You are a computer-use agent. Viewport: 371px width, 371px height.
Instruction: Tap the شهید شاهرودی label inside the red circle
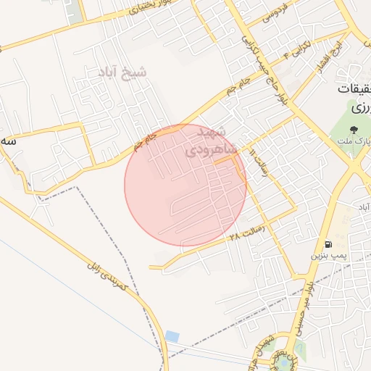click(207, 142)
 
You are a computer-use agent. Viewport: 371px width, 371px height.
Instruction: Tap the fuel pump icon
click(330, 243)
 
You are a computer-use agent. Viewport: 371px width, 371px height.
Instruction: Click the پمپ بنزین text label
click(330, 256)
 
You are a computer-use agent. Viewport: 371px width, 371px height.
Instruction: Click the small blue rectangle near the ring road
click(172, 335)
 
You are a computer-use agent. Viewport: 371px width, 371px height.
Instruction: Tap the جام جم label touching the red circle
click(145, 141)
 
